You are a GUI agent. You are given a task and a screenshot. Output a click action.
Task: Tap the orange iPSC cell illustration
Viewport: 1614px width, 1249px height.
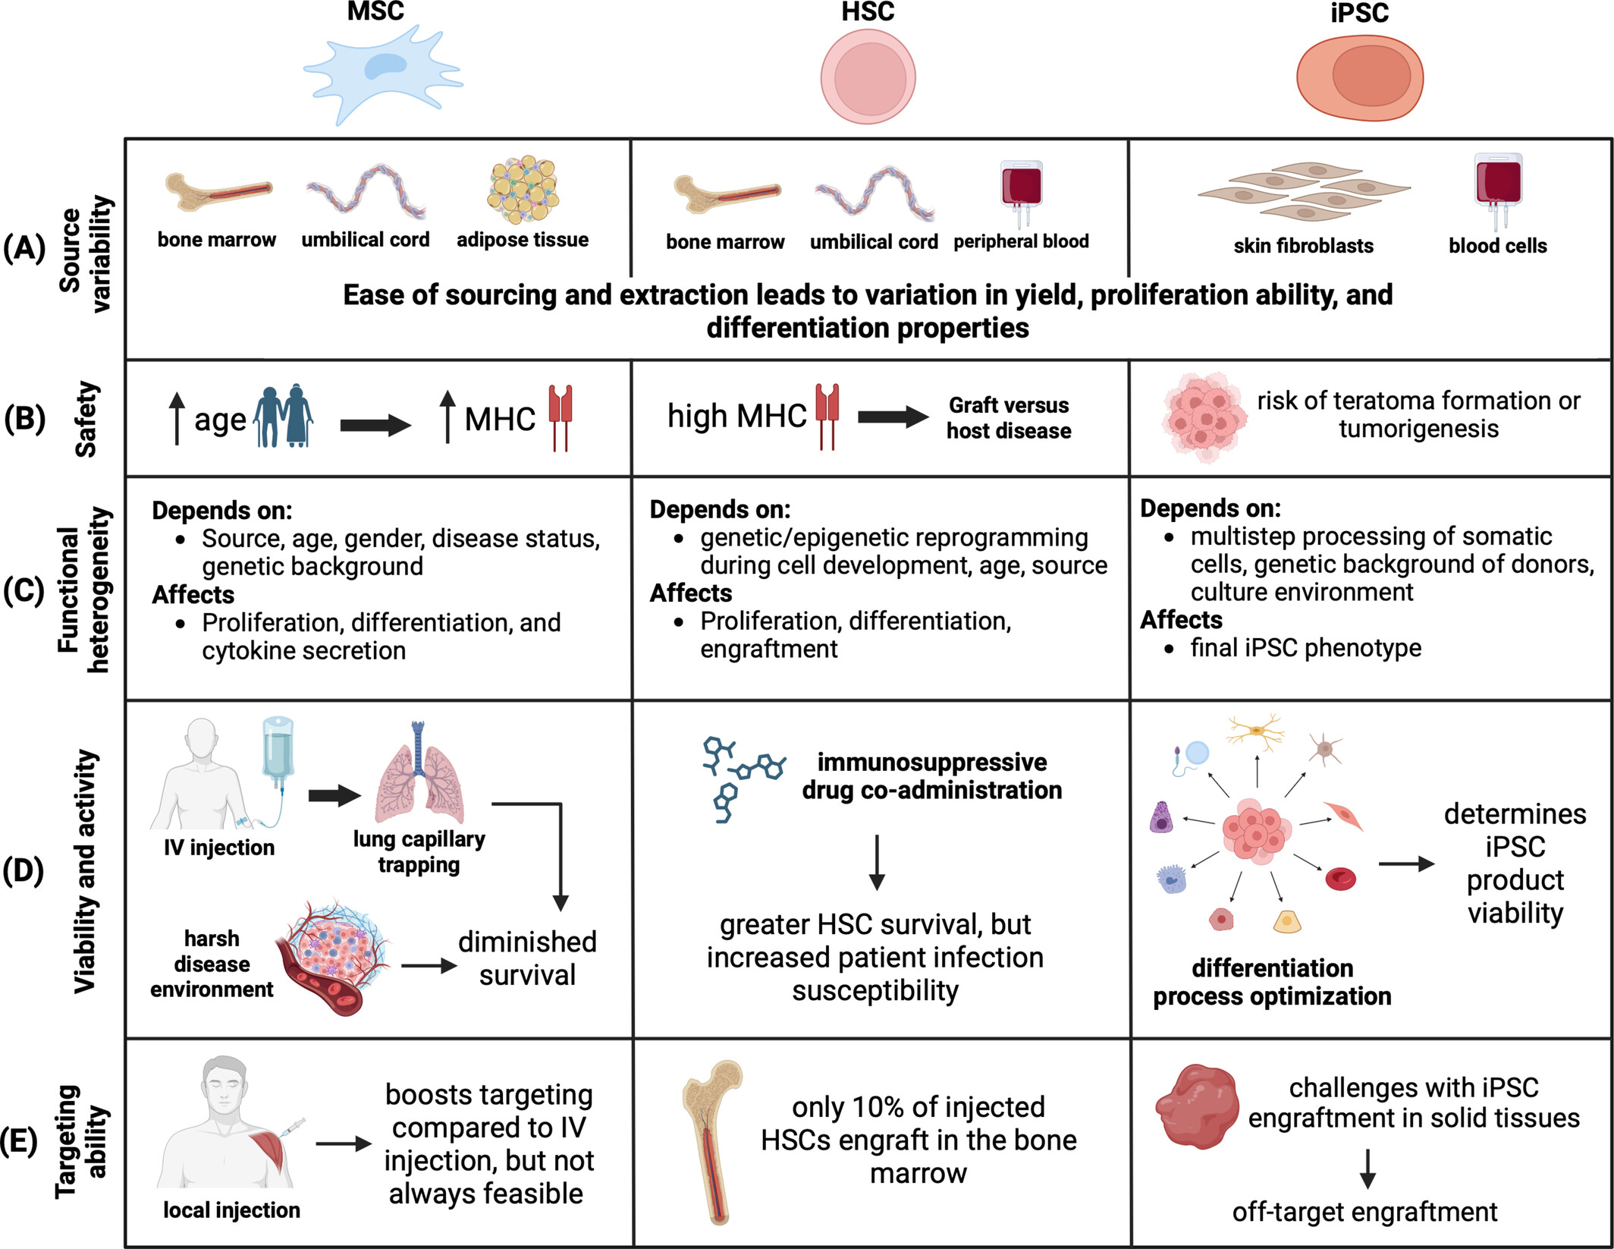(x=1359, y=78)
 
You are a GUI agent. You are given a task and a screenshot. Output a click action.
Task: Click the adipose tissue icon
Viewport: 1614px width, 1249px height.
(x=523, y=190)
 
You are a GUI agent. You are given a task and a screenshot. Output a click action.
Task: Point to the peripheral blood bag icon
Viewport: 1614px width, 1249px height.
(x=1021, y=190)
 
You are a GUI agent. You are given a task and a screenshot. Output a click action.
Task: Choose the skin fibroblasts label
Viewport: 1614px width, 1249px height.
(x=1303, y=246)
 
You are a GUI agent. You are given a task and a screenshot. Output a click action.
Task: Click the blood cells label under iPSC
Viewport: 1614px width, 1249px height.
(x=1497, y=246)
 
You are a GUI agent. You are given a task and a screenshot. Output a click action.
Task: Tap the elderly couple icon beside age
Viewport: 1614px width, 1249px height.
(x=283, y=417)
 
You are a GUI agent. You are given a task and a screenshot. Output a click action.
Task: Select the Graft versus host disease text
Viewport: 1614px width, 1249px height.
(x=1008, y=418)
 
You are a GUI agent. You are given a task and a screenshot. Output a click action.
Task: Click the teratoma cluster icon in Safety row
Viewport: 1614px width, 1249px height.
(x=1203, y=417)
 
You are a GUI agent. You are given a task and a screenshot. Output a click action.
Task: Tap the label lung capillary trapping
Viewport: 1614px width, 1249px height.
(x=419, y=851)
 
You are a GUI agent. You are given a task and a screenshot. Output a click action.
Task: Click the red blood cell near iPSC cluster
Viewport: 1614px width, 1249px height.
(x=1340, y=879)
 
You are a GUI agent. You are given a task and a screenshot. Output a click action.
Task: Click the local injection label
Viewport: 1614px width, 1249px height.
(x=231, y=1210)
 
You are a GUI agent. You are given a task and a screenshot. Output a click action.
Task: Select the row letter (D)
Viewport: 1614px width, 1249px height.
(x=24, y=871)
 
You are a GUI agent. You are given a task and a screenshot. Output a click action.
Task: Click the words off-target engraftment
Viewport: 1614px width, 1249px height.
(x=1364, y=1213)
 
